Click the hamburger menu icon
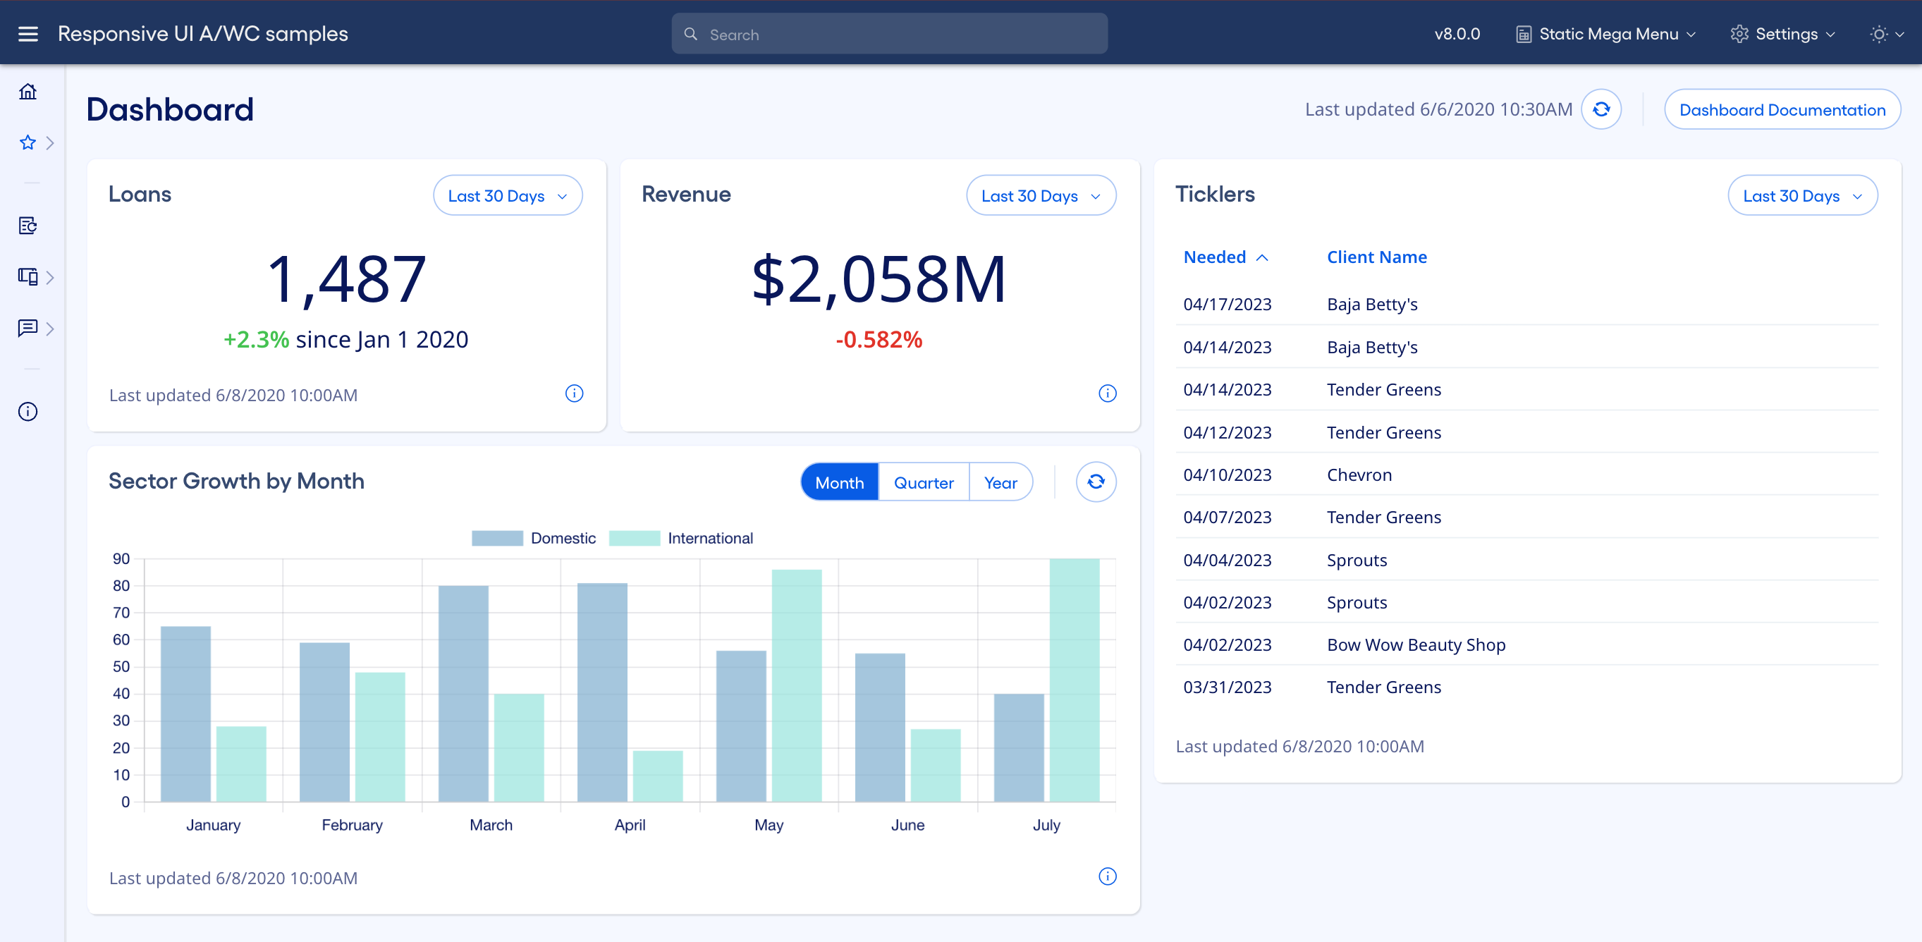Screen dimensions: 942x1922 (27, 34)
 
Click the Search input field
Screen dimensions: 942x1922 (889, 35)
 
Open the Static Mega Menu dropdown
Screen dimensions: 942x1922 (1606, 35)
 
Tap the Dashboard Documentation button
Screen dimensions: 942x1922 (1782, 110)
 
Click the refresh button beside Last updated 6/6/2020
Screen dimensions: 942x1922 (1601, 110)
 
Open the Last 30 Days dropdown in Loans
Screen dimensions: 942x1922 (508, 195)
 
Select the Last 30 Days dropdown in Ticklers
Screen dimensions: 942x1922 (1802, 195)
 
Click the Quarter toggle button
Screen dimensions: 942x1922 (923, 482)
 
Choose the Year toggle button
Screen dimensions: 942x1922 (1000, 482)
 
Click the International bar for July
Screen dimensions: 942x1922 (1074, 679)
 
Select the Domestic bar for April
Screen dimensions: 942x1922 (602, 692)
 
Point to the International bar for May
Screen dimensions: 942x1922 (796, 685)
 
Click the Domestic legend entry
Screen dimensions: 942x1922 (534, 538)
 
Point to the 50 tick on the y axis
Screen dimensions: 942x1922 (121, 666)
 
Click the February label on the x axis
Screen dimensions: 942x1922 (351, 825)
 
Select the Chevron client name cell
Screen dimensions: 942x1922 (1359, 475)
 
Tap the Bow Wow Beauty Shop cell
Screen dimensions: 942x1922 (1415, 644)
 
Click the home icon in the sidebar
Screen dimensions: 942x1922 (27, 91)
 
